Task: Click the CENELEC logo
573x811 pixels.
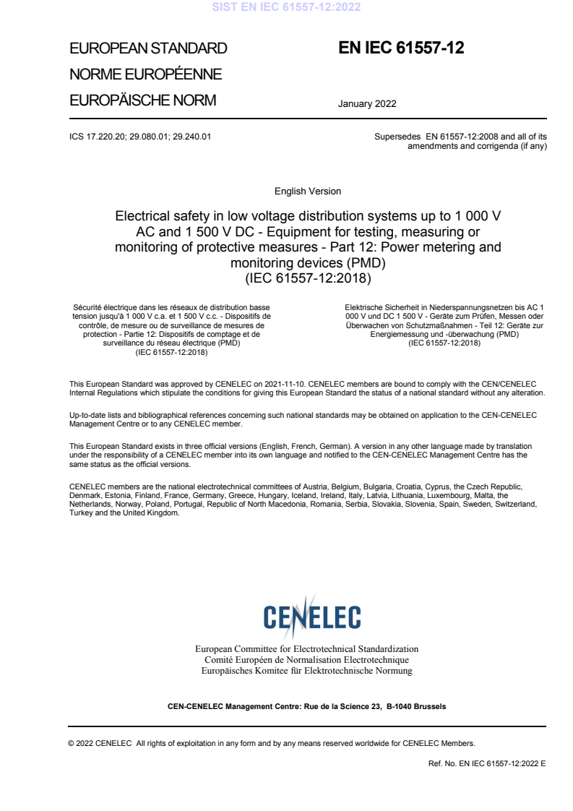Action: point(312,617)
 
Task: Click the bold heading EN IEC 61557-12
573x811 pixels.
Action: point(401,48)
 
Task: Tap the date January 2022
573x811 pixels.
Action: point(366,103)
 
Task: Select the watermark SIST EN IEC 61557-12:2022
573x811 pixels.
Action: point(286,8)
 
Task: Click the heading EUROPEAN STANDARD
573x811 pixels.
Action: point(147,49)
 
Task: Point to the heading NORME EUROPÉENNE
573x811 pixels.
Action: point(145,75)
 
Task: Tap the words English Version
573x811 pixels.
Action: point(307,192)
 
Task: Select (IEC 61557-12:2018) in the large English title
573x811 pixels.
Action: point(308,276)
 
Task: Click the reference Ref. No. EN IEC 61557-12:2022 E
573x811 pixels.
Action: point(488,763)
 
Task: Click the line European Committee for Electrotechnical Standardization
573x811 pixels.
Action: point(307,649)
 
